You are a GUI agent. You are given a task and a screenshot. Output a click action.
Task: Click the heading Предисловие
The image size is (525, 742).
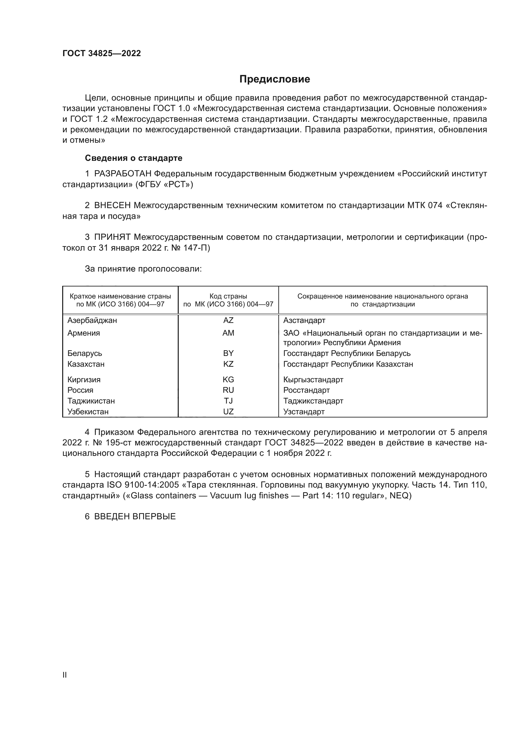(275, 79)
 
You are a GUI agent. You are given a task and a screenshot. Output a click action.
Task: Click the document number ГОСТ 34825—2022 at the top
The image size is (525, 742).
(102, 53)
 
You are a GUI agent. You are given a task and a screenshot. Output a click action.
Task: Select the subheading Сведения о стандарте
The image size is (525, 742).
(134, 158)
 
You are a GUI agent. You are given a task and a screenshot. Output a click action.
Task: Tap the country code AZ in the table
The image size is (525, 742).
(228, 320)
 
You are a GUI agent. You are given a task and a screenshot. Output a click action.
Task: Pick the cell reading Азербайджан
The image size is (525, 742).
(92, 320)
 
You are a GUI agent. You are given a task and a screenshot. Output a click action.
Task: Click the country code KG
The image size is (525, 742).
(228, 379)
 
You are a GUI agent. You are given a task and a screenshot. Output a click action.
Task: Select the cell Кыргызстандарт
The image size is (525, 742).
(313, 379)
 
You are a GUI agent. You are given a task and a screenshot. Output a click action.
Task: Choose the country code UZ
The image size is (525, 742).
(228, 412)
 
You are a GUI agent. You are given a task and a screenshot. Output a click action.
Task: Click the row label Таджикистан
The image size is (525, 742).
(91, 401)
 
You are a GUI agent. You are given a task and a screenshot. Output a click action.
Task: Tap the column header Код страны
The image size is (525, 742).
(228, 296)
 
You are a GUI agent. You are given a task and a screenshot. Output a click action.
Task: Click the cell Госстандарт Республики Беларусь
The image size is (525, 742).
(347, 353)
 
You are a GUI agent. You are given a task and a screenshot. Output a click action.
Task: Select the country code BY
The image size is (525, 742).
(228, 353)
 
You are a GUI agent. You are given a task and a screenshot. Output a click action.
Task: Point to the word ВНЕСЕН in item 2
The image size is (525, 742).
(112, 206)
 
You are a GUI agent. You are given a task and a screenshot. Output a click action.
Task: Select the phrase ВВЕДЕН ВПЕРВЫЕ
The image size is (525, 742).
(135, 516)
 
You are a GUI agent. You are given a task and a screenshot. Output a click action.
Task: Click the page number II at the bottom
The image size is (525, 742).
(65, 675)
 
